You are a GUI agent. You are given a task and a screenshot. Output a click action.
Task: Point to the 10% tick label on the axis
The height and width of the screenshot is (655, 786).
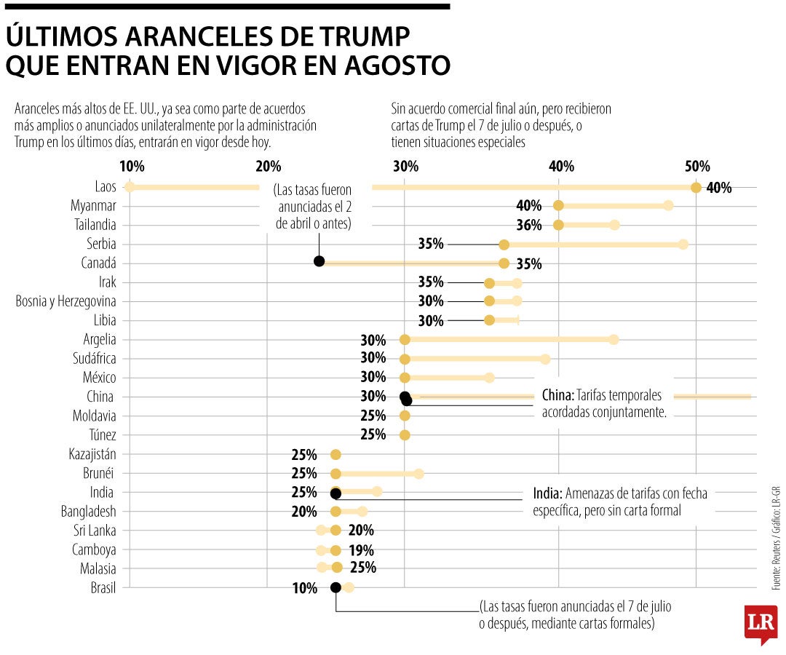[x=131, y=166]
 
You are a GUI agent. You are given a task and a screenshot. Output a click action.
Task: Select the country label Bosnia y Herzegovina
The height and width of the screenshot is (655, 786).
[x=65, y=301]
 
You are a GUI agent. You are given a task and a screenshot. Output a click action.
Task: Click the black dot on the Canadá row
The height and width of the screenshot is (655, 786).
[x=319, y=262]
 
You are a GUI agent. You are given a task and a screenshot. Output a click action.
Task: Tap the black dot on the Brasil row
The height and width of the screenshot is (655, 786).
[x=336, y=588]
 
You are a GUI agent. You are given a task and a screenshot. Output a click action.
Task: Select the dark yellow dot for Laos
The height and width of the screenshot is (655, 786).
[x=696, y=188]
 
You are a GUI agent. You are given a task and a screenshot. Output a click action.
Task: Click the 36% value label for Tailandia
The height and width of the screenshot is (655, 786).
[x=529, y=226]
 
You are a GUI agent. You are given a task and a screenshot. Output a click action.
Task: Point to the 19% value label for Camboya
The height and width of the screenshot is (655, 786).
[x=361, y=550]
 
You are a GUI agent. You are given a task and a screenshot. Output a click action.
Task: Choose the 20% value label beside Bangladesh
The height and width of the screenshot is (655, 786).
[x=304, y=512]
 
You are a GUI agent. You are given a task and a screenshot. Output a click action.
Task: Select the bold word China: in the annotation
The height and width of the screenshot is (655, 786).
[x=558, y=396]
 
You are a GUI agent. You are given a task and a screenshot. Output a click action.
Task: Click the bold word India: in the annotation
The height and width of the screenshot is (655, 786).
[x=548, y=494]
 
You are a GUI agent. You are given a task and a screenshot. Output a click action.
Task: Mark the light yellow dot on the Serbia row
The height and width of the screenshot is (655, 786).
[x=683, y=244]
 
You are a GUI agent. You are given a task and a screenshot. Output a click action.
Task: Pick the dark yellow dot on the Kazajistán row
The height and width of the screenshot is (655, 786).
[x=336, y=455]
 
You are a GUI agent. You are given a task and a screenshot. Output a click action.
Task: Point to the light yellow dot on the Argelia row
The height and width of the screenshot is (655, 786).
[x=614, y=340]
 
